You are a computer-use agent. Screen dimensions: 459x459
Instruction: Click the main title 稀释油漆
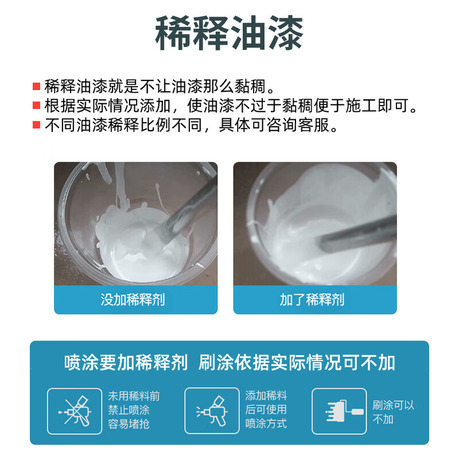pyautogui.click(x=229, y=33)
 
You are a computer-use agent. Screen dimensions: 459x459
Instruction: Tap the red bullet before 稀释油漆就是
pyautogui.click(x=37, y=87)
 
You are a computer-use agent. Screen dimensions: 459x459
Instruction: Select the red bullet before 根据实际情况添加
pyautogui.click(x=37, y=106)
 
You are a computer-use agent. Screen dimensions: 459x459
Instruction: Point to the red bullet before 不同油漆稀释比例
pyautogui.click(x=37, y=125)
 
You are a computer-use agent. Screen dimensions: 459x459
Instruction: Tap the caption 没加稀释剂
pyautogui.click(x=135, y=299)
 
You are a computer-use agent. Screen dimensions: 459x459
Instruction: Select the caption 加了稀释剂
pyautogui.click(x=314, y=299)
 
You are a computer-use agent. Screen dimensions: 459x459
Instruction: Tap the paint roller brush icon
pyautogui.click(x=339, y=411)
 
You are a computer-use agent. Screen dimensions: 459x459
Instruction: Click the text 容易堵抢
pyautogui.click(x=129, y=425)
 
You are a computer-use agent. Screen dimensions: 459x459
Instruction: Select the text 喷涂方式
pyautogui.click(x=266, y=425)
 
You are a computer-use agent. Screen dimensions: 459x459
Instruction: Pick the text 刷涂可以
pyautogui.click(x=393, y=405)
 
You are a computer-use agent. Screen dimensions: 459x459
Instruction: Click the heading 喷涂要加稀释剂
pyautogui.click(x=126, y=363)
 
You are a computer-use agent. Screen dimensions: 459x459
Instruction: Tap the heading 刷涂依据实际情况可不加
pyautogui.click(x=297, y=363)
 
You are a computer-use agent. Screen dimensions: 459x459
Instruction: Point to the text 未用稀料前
pyautogui.click(x=134, y=396)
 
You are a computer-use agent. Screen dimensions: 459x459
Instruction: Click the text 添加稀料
pyautogui.click(x=266, y=396)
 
